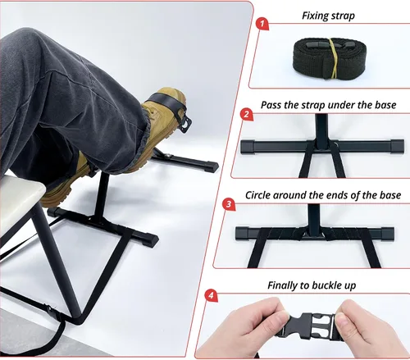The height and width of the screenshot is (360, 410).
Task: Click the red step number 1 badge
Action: [262, 24]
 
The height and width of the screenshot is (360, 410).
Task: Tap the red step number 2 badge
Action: [247, 114]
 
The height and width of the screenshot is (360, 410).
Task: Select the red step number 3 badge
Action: [229, 204]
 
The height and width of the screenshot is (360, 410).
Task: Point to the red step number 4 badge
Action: [211, 295]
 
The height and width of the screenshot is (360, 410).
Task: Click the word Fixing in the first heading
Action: [315, 16]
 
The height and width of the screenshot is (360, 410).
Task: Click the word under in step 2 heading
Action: [341, 105]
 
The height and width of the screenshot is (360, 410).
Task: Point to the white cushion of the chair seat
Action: [19, 194]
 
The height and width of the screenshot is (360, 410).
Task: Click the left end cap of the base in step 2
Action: [248, 147]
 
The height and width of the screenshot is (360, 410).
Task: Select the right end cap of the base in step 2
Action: [397, 146]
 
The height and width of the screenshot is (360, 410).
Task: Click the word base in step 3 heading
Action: [390, 195]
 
